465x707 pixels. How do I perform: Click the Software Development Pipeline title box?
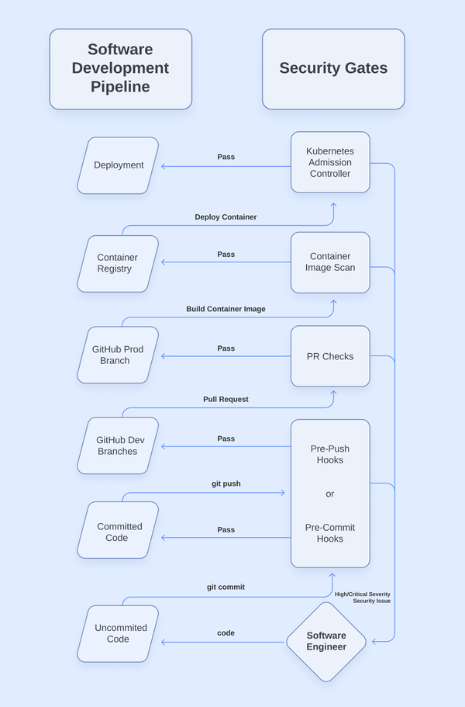click(x=120, y=69)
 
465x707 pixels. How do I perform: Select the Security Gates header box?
click(x=333, y=69)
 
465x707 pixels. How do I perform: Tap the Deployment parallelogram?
click(x=119, y=165)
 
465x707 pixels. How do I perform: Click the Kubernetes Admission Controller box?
click(x=330, y=162)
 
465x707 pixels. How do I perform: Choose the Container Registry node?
click(x=118, y=264)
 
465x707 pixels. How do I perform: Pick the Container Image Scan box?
click(x=330, y=262)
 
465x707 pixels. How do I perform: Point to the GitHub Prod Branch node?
click(x=118, y=355)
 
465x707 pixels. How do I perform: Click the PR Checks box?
click(x=330, y=356)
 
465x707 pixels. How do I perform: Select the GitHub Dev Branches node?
click(x=118, y=445)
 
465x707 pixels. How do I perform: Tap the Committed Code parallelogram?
click(x=118, y=532)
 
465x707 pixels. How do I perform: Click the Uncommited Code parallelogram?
click(x=118, y=633)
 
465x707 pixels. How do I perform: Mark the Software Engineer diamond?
click(x=326, y=642)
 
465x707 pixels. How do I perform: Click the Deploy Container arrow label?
click(x=226, y=217)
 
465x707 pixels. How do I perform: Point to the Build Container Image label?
click(x=226, y=309)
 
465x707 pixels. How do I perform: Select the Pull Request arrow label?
click(x=226, y=399)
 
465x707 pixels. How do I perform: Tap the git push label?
click(x=226, y=483)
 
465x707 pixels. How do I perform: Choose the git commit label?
click(x=226, y=587)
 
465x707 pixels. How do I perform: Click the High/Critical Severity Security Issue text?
click(x=363, y=598)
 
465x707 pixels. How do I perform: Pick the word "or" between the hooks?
click(x=330, y=494)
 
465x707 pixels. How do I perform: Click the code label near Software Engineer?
click(x=226, y=633)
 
